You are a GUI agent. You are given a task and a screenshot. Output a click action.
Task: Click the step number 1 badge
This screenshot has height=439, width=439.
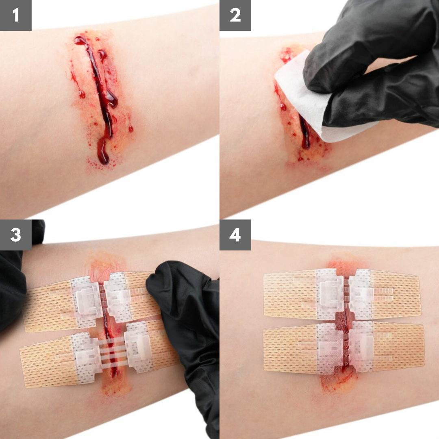point(16,15)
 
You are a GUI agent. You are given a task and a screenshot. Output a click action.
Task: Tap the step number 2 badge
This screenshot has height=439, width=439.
point(235,15)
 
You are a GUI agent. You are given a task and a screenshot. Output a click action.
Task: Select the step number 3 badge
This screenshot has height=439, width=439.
point(16,235)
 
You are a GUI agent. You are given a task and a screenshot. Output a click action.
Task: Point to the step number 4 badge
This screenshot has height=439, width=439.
point(235,235)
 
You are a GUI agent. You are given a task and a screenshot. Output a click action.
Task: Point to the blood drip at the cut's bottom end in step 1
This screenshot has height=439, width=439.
point(103,152)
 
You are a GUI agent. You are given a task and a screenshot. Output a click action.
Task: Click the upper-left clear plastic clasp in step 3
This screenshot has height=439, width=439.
point(87,301)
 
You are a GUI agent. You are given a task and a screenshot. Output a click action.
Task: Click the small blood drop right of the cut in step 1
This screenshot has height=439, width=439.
point(131,129)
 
